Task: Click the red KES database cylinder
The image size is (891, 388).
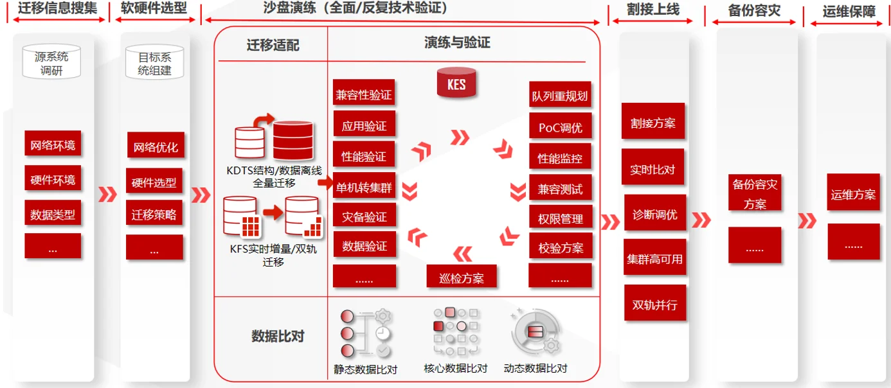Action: tap(456, 83)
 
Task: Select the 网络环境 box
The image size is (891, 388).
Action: tap(53, 145)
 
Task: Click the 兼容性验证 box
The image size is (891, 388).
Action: tap(364, 95)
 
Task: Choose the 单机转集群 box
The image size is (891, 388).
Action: tap(364, 188)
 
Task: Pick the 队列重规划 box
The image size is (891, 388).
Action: tap(559, 96)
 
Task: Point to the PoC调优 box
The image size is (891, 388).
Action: tap(559, 127)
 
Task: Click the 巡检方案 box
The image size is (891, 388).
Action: tap(461, 279)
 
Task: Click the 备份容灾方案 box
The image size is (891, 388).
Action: tap(755, 193)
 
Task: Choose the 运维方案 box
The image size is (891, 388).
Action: tap(853, 194)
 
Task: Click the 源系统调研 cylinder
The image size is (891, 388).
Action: tap(53, 62)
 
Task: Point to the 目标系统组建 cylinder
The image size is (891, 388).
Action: tap(154, 63)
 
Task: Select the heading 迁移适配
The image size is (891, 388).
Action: tap(273, 45)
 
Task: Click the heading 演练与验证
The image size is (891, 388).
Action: tap(456, 42)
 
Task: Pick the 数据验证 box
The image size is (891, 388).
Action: tap(364, 245)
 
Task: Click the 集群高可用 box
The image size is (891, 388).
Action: tap(654, 260)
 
